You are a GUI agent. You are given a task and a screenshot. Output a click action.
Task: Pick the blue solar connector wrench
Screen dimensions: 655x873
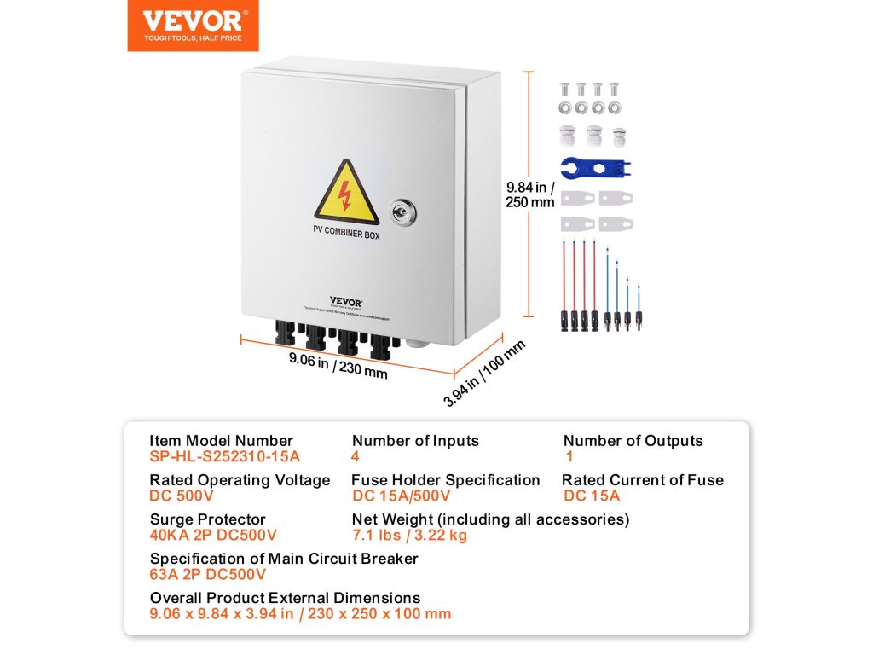[x=597, y=167]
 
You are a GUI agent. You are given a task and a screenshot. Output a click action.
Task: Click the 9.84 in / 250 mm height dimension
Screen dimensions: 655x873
[x=530, y=194]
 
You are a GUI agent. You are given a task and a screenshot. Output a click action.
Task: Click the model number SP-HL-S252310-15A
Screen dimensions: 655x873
[x=225, y=456]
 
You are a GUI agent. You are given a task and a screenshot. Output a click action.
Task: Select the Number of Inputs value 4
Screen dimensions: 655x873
[x=356, y=456]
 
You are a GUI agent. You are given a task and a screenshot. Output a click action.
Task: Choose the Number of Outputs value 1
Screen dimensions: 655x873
[x=569, y=456]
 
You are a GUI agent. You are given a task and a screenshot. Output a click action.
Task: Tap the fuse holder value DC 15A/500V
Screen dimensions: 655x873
[x=401, y=496]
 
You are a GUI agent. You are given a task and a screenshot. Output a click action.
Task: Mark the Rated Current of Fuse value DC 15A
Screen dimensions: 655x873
[x=592, y=496]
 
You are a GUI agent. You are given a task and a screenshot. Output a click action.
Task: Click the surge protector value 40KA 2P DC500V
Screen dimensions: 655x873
[x=213, y=535]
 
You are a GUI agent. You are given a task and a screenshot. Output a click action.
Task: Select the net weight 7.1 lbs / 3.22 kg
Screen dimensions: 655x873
[x=410, y=535]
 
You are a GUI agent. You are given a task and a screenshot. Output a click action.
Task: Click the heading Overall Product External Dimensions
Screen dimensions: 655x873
[x=285, y=598]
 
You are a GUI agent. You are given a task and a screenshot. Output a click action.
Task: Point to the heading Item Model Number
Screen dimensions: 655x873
[x=222, y=441]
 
